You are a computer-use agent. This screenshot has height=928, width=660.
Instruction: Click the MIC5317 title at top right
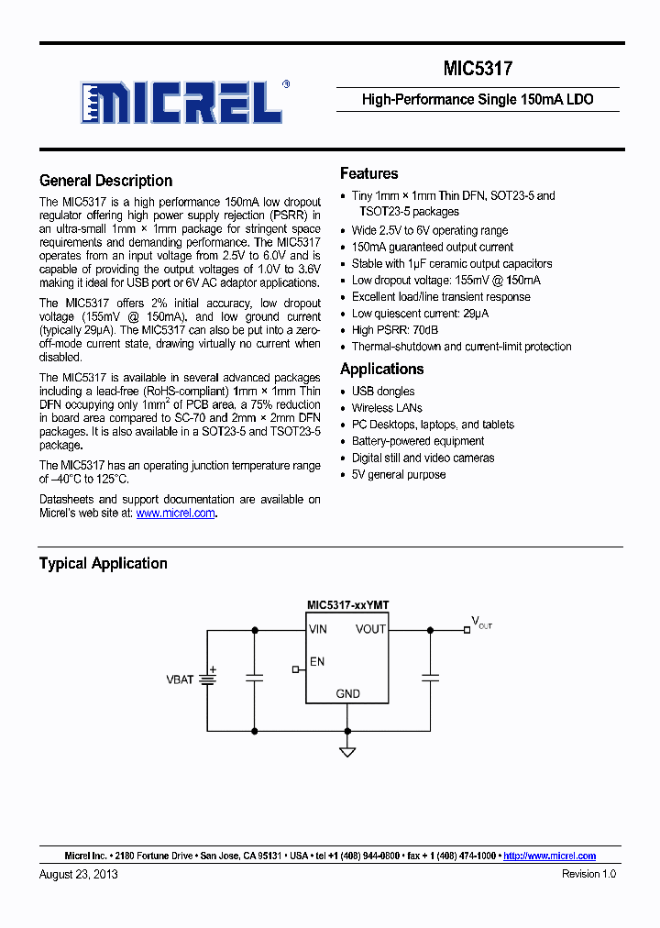click(x=478, y=69)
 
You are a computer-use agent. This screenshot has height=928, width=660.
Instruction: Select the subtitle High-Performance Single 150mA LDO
click(x=478, y=99)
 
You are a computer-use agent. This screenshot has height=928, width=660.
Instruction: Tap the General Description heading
click(x=105, y=181)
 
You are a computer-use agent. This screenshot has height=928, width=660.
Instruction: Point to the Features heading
click(x=368, y=173)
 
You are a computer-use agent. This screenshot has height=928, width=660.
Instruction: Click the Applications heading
click(x=381, y=369)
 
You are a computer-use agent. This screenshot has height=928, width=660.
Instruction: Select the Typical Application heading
click(x=103, y=563)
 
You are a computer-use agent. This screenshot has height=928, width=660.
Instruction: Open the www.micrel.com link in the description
click(x=175, y=514)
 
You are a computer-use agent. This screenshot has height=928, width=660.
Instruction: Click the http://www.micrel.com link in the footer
click(x=550, y=856)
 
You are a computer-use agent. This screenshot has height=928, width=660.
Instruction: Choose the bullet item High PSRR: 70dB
click(x=395, y=330)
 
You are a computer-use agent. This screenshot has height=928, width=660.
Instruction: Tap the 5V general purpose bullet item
click(x=399, y=474)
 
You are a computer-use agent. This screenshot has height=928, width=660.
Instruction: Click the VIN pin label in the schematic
click(x=318, y=629)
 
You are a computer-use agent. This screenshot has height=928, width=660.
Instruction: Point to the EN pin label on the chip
click(x=317, y=661)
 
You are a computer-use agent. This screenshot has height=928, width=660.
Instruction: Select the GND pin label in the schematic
click(x=347, y=694)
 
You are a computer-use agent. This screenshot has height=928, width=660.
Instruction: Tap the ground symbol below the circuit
click(x=347, y=752)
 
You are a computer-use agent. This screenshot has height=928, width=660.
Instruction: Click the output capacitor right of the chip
click(x=429, y=678)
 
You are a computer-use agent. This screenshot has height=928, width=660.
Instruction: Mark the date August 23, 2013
click(x=78, y=874)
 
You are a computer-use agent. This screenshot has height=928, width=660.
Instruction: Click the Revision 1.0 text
click(x=588, y=874)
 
